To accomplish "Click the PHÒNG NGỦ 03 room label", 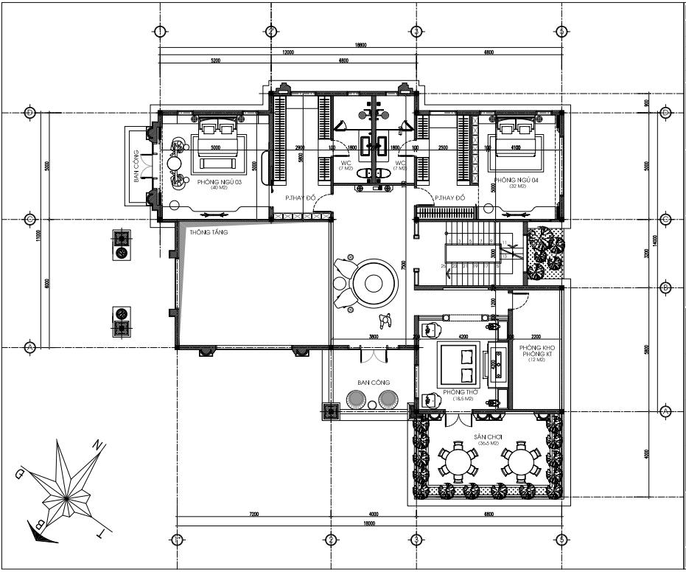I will pyautogui.click(x=220, y=181).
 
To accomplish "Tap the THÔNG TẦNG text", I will pyautogui.click(x=209, y=232).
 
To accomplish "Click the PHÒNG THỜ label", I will pyautogui.click(x=457, y=392).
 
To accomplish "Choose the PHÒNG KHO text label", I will pyautogui.click(x=536, y=347).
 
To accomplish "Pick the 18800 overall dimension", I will pyautogui.click(x=360, y=46).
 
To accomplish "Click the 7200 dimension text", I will pyautogui.click(x=252, y=514).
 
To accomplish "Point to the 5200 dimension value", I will pyautogui.click(x=215, y=60).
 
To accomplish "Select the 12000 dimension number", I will pyautogui.click(x=288, y=53).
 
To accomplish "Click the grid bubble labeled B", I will pyautogui.click(x=665, y=287).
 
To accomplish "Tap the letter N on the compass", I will pyautogui.click(x=96, y=444).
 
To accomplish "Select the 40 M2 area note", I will pyautogui.click(x=220, y=188).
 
